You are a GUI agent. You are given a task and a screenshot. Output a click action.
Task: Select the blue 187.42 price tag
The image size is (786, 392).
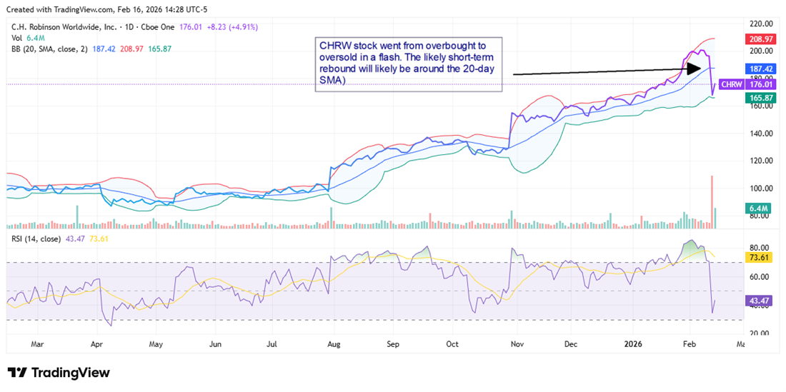(x=760, y=68)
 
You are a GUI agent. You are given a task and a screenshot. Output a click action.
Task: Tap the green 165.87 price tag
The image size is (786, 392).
(x=760, y=97)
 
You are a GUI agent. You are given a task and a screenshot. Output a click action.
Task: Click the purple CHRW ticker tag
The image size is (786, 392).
(x=730, y=84)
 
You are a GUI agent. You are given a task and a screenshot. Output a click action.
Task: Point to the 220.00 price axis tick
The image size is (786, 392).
(x=760, y=24)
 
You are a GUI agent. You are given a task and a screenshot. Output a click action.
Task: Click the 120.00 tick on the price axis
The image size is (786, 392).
(x=760, y=161)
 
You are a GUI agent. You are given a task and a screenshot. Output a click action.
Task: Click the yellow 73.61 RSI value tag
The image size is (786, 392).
(x=760, y=256)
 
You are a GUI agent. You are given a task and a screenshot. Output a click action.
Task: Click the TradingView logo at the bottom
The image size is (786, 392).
(x=59, y=373)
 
